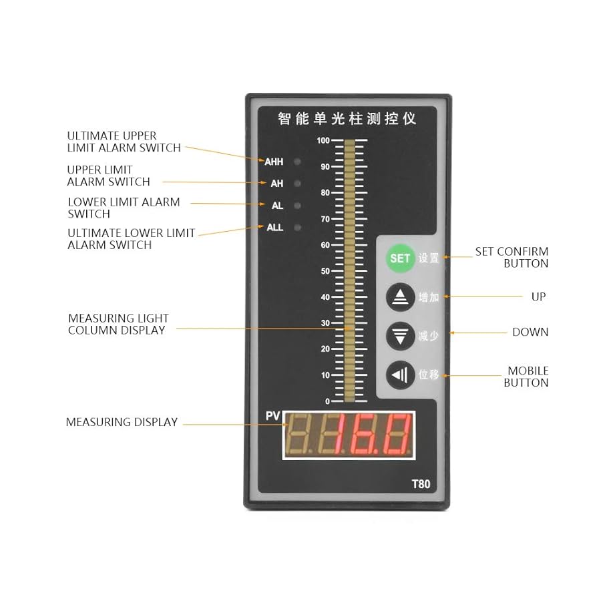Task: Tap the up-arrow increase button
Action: [399, 297]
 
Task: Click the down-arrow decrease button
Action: [399, 336]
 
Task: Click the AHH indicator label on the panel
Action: [274, 162]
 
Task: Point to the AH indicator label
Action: [276, 183]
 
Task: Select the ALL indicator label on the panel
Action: [275, 227]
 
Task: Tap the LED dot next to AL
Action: [297, 206]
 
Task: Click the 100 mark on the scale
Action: [323, 140]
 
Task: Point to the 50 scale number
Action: [325, 271]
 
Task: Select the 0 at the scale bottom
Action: [327, 401]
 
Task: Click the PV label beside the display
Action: [272, 416]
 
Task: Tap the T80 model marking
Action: [421, 484]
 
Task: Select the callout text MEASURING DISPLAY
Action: [122, 422]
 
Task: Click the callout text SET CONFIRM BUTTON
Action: [512, 258]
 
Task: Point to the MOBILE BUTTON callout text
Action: [526, 377]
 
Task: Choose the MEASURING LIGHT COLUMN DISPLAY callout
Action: [118, 324]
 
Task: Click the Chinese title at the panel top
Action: [347, 120]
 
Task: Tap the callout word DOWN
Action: [530, 332]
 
